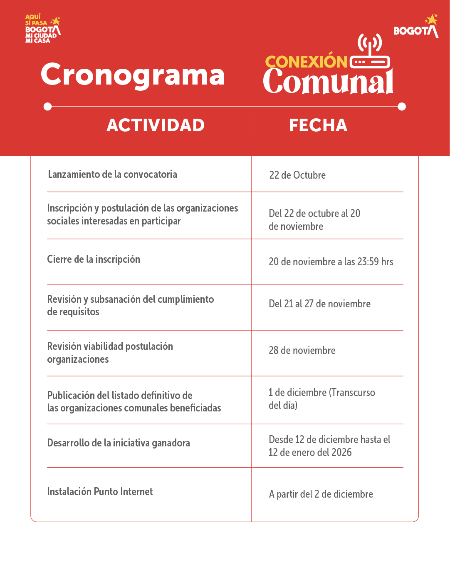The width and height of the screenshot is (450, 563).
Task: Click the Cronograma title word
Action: [133, 75]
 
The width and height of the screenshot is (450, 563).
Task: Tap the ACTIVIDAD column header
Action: [156, 125]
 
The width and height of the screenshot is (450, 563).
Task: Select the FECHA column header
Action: [318, 125]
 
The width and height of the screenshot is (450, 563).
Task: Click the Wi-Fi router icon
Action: [370, 52]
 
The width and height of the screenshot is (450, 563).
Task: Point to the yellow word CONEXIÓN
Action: [306, 62]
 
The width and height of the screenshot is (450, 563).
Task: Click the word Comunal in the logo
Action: [328, 81]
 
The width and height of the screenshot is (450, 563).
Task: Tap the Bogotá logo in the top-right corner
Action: [416, 27]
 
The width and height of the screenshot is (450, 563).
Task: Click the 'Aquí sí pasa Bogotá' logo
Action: [42, 29]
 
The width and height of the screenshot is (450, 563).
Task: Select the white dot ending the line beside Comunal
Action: [402, 107]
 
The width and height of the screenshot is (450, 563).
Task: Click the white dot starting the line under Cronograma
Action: [48, 107]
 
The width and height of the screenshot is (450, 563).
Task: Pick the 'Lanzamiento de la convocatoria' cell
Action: [113, 174]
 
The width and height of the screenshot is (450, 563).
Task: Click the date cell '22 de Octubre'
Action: [297, 175]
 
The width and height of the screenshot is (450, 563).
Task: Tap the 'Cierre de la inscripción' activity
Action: [94, 259]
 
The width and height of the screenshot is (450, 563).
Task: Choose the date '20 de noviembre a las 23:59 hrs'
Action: [331, 262]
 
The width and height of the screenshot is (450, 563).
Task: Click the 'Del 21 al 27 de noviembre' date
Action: [320, 304]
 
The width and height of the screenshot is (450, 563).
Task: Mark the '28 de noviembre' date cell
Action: [302, 351]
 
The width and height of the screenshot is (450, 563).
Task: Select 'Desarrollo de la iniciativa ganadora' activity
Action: [119, 443]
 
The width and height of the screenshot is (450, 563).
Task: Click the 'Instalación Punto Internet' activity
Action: [100, 492]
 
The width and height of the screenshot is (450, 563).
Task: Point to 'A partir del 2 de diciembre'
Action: [321, 494]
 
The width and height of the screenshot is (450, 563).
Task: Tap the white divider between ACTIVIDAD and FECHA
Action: [249, 125]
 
